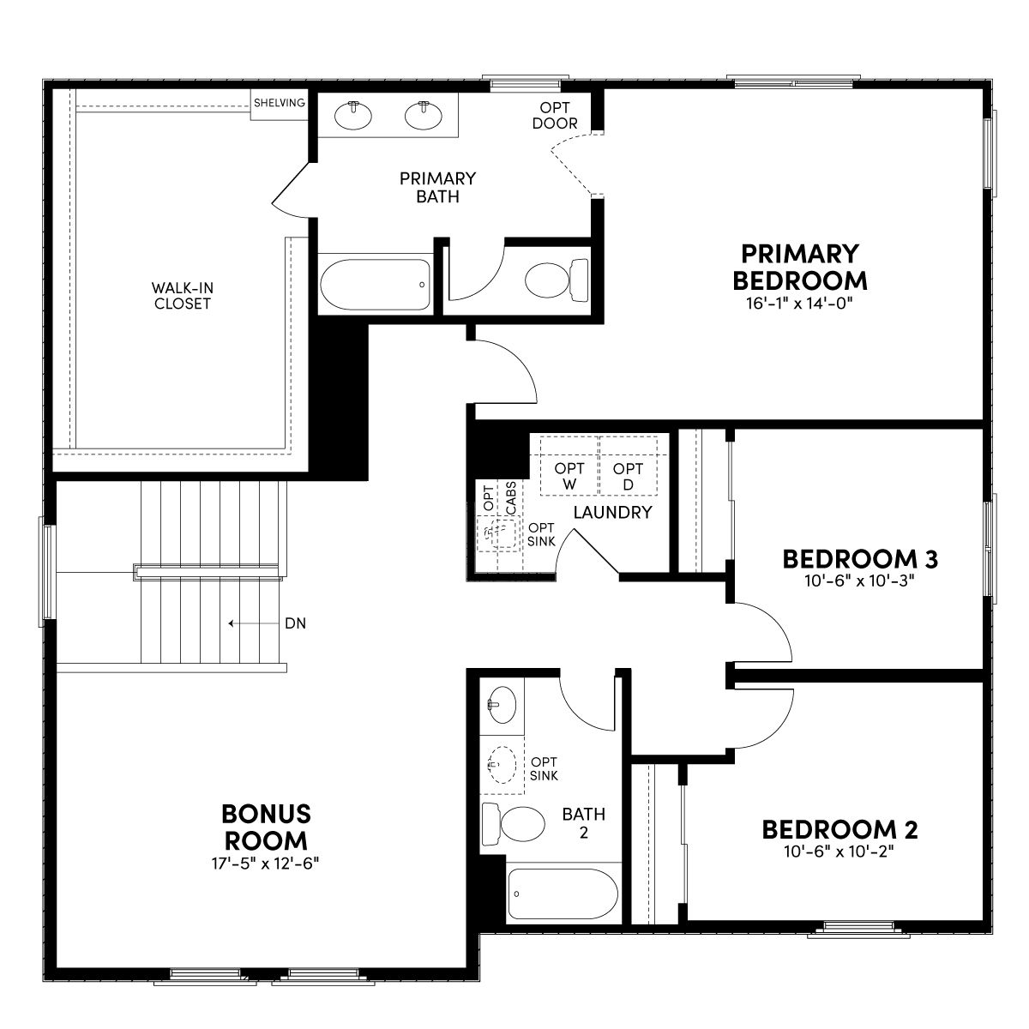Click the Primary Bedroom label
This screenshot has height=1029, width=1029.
(799, 267)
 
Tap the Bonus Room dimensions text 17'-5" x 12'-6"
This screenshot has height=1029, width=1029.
(265, 864)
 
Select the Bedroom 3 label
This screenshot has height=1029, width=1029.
(860, 559)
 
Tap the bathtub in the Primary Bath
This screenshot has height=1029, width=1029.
(376, 284)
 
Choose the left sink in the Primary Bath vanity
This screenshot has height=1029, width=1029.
(353, 115)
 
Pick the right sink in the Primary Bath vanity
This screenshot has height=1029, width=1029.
(424, 115)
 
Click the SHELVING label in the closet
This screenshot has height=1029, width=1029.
(280, 103)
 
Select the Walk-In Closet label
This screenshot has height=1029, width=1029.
(183, 296)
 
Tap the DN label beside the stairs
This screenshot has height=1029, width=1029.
(295, 623)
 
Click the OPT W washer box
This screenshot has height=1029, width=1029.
(569, 466)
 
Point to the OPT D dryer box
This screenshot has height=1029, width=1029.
(628, 466)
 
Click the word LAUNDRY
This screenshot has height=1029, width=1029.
(612, 513)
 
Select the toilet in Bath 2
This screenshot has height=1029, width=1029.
(513, 823)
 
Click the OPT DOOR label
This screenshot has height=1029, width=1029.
(555, 116)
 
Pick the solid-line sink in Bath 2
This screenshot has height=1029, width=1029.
(502, 705)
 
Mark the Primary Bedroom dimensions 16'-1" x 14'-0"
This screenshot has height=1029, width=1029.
(799, 304)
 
